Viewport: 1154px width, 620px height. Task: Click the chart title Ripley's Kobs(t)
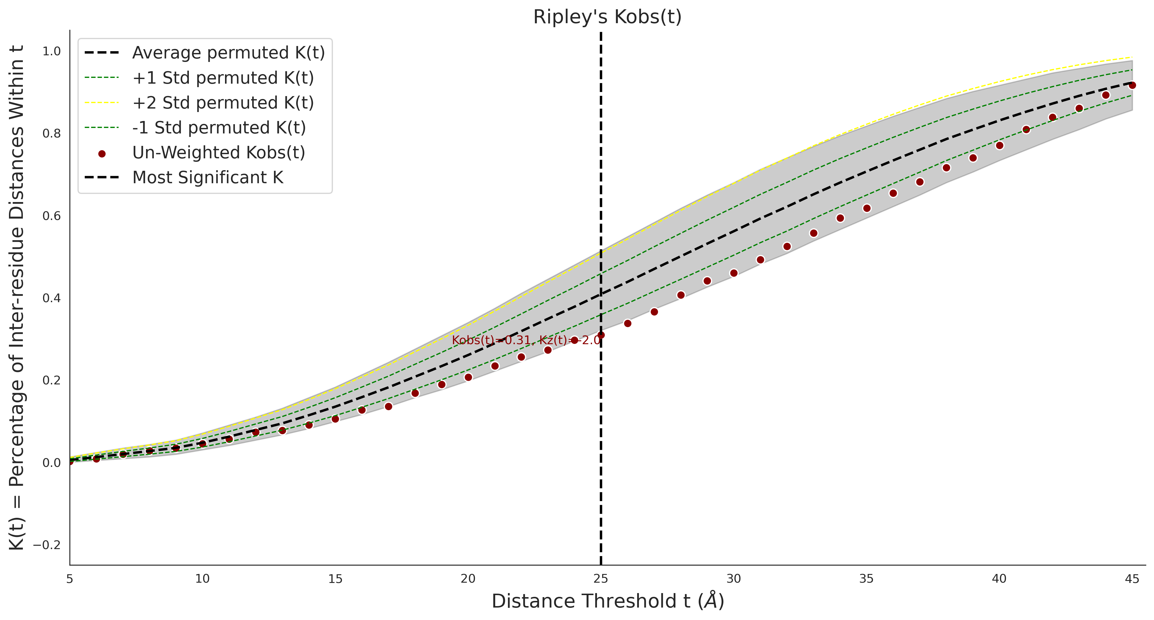[607, 17]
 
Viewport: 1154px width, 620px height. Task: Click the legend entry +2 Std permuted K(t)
[223, 103]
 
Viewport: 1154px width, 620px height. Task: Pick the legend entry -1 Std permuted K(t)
[219, 128]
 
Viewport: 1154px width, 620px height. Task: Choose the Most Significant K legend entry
[207, 177]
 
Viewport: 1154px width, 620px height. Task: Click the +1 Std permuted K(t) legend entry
[223, 78]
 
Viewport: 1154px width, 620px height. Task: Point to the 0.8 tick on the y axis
[51, 134]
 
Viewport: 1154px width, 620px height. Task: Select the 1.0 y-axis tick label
[51, 52]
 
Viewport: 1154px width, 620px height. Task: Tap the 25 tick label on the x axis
[601, 579]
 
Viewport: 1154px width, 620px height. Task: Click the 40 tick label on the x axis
[999, 579]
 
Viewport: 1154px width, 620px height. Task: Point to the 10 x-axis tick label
[202, 579]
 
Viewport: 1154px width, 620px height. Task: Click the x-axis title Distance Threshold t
[607, 601]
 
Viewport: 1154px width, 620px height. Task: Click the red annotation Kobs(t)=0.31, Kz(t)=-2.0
[526, 340]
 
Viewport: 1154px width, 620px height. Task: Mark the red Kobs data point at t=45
[1132, 85]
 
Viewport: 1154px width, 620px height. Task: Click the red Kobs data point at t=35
[867, 208]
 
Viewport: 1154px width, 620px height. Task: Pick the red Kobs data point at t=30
[734, 273]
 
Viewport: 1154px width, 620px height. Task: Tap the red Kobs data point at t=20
[468, 377]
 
